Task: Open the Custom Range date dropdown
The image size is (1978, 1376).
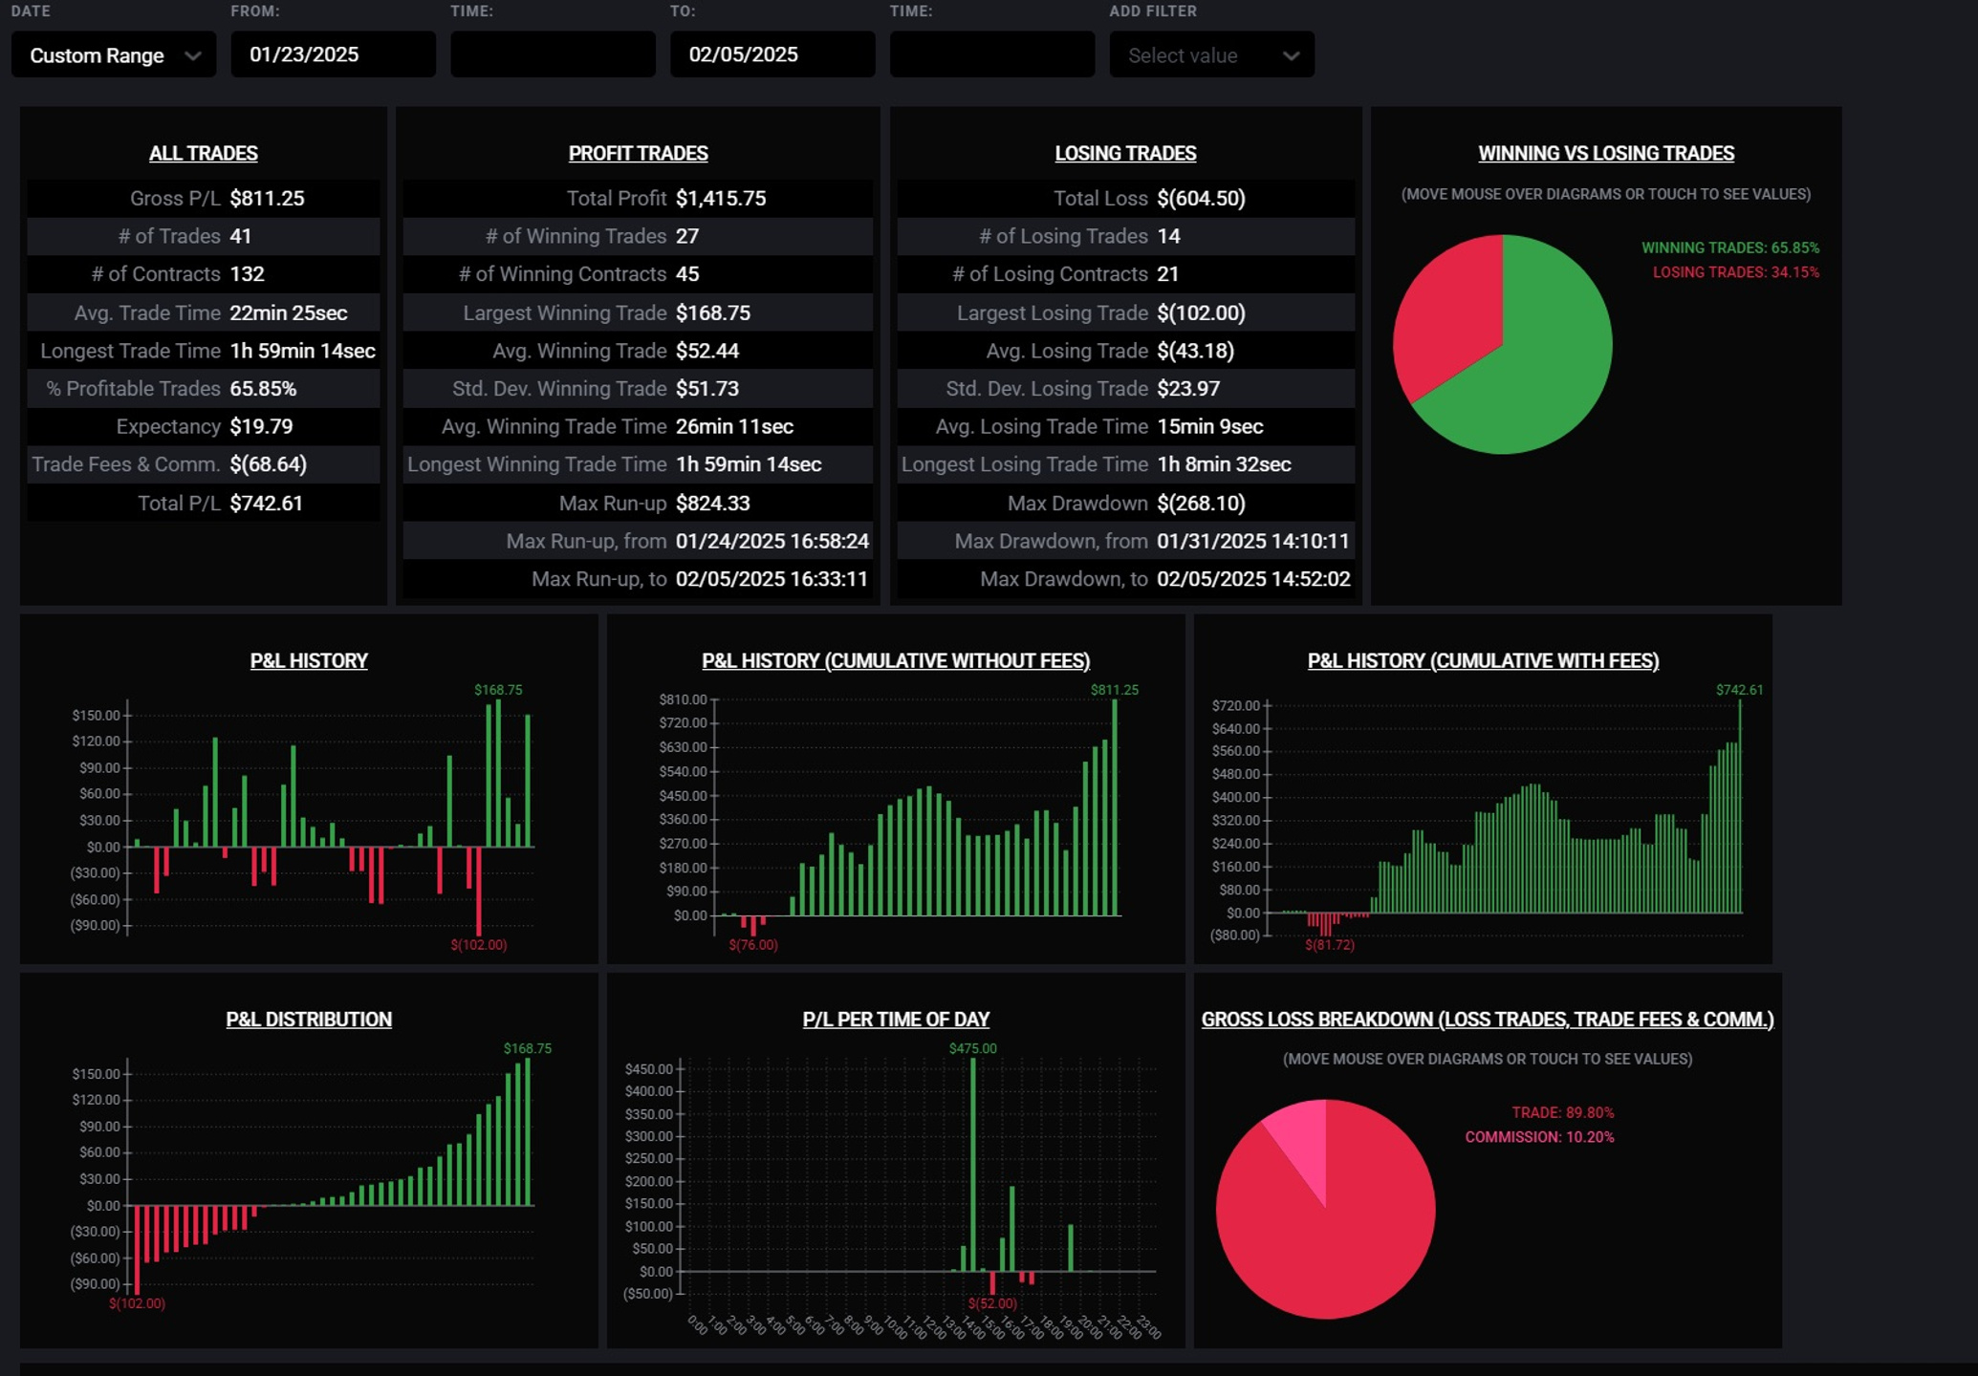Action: point(114,54)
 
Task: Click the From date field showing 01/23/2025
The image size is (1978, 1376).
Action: point(333,54)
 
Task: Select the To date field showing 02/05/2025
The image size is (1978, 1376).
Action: point(772,54)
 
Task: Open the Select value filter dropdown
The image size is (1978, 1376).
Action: point(1211,54)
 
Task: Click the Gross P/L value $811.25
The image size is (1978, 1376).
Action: point(267,199)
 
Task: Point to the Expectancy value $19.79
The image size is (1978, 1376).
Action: point(261,427)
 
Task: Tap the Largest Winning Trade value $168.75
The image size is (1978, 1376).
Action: point(713,313)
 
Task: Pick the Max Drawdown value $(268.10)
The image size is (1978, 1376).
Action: point(1201,504)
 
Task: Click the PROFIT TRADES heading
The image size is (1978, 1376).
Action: point(638,154)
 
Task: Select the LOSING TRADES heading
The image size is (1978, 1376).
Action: point(1125,154)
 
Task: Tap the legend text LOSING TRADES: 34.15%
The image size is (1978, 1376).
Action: point(1735,272)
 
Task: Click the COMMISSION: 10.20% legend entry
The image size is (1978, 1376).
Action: point(1539,1137)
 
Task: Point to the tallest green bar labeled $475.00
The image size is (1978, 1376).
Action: point(973,1165)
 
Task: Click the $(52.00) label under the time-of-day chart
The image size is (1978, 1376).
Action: point(992,1303)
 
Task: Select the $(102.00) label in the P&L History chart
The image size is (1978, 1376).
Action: point(479,945)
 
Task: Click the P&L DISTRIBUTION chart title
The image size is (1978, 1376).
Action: point(309,1020)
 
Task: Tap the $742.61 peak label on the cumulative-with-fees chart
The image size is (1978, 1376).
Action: point(1739,690)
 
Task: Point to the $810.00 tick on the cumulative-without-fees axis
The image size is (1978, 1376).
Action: point(683,699)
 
